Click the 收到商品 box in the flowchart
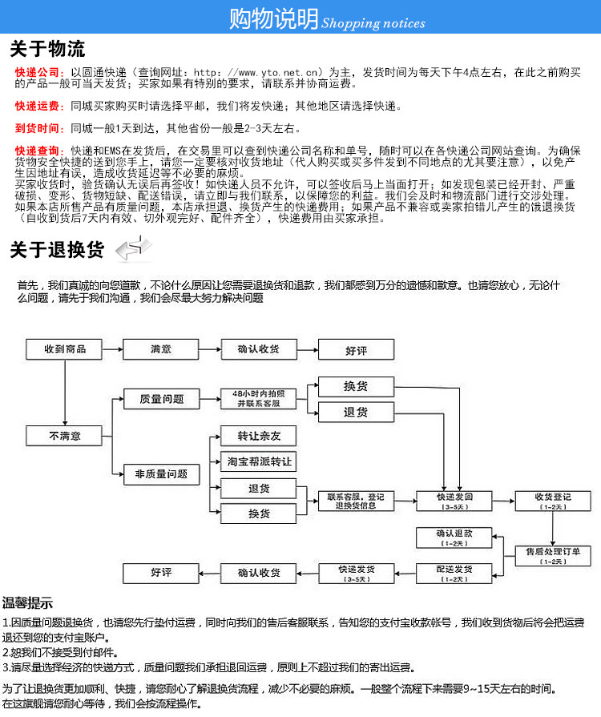(64, 349)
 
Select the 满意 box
(160, 349)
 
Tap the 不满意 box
(64, 436)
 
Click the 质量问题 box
(161, 399)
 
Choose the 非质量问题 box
(161, 474)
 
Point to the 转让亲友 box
(258, 437)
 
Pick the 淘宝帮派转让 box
(258, 462)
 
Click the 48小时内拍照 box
(258, 399)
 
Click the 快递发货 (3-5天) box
(357, 574)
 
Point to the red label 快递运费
(38, 106)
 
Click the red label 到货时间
(38, 128)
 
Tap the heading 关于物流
(47, 50)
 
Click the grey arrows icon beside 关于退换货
(132, 249)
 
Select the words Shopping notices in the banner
(373, 23)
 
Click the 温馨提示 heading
(28, 603)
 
